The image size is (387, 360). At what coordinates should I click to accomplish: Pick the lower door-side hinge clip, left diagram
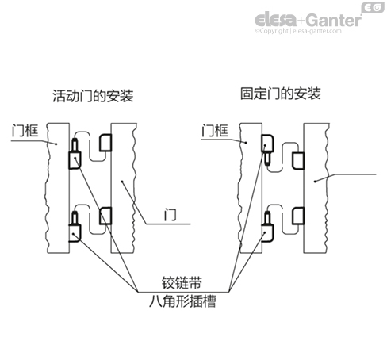106,215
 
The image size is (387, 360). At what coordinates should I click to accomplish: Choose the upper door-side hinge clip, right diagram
300,160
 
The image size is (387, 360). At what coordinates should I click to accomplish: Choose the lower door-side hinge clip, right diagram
300,215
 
